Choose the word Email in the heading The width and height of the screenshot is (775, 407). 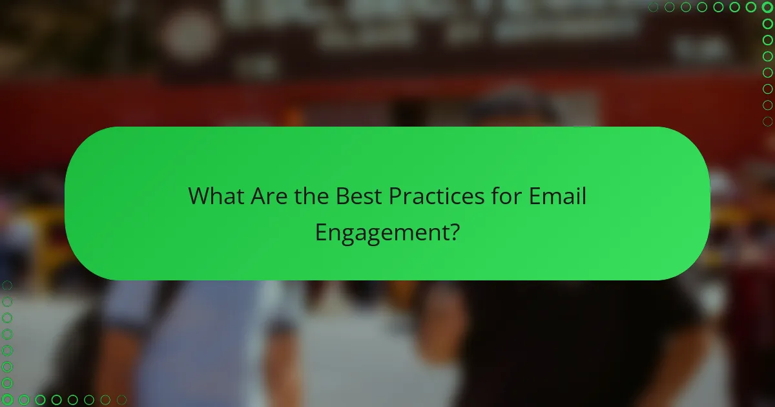[557, 196]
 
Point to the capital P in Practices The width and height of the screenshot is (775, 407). [395, 196]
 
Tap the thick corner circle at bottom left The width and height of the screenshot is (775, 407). [7, 400]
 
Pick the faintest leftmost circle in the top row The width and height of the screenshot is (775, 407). [653, 7]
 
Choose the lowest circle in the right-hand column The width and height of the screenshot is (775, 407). [768, 121]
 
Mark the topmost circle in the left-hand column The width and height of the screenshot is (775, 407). [7, 285]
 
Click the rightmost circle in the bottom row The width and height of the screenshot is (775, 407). [121, 400]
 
